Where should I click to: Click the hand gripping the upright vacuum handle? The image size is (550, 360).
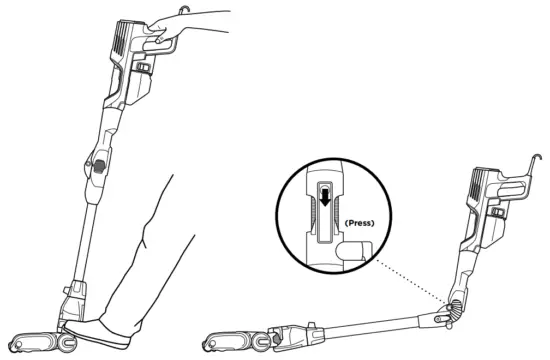(x=185, y=28)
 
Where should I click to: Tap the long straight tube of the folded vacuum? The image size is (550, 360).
(x=370, y=320)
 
